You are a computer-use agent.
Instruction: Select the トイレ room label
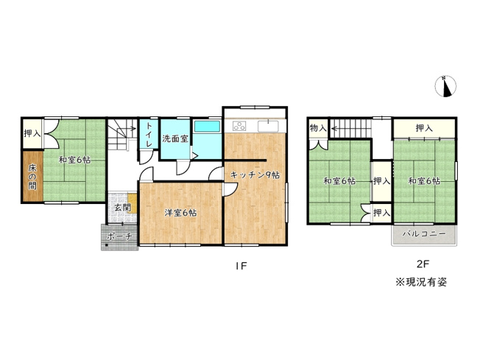[148, 135]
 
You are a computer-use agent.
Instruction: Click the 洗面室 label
[176, 138]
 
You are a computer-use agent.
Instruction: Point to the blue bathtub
[208, 127]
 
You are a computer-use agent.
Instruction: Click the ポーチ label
[118, 236]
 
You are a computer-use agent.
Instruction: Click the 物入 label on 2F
[318, 129]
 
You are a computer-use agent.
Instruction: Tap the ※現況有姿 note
[421, 282]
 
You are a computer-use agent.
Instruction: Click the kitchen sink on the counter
[269, 124]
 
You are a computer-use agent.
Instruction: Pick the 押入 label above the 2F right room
[423, 129]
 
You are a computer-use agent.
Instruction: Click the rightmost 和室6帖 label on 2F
[423, 180]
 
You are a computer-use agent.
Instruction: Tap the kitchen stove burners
[240, 124]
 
